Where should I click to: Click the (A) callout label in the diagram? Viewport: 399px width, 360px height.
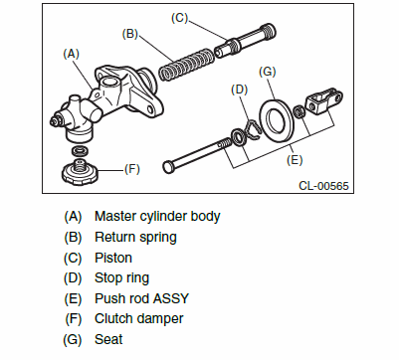(72, 54)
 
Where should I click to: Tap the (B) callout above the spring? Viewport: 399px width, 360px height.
(130, 34)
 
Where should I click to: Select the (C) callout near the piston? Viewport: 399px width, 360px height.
(179, 18)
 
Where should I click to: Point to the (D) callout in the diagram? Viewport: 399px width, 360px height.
(240, 90)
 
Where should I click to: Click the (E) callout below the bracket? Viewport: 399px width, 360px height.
(295, 160)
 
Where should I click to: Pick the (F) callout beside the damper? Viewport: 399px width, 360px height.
(132, 169)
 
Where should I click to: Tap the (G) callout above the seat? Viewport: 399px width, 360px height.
(268, 72)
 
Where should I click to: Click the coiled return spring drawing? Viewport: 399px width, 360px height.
(185, 65)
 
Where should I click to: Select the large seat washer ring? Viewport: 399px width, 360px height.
(276, 119)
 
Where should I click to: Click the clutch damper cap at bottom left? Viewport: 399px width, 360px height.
(80, 171)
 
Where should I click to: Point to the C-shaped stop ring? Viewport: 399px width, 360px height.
(253, 129)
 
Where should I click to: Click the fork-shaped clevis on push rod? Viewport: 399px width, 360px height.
(324, 99)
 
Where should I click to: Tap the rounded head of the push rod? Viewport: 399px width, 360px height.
(168, 165)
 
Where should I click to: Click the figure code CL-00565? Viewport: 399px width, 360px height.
(323, 186)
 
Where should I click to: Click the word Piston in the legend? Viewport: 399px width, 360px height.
(113, 258)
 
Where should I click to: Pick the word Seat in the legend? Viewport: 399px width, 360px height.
(108, 339)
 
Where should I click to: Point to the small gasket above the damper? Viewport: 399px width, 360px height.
(81, 151)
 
